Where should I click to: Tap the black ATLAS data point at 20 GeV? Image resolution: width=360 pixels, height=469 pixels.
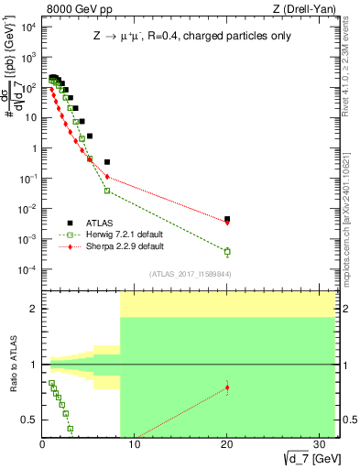click(x=227, y=219)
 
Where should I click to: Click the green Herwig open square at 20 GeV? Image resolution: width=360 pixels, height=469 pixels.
click(x=227, y=251)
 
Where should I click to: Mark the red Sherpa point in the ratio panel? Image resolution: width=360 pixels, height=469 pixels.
click(x=227, y=387)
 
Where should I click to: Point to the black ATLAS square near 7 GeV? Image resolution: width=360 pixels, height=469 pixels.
click(x=107, y=162)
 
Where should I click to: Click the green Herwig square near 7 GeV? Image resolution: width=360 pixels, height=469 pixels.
click(x=107, y=191)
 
